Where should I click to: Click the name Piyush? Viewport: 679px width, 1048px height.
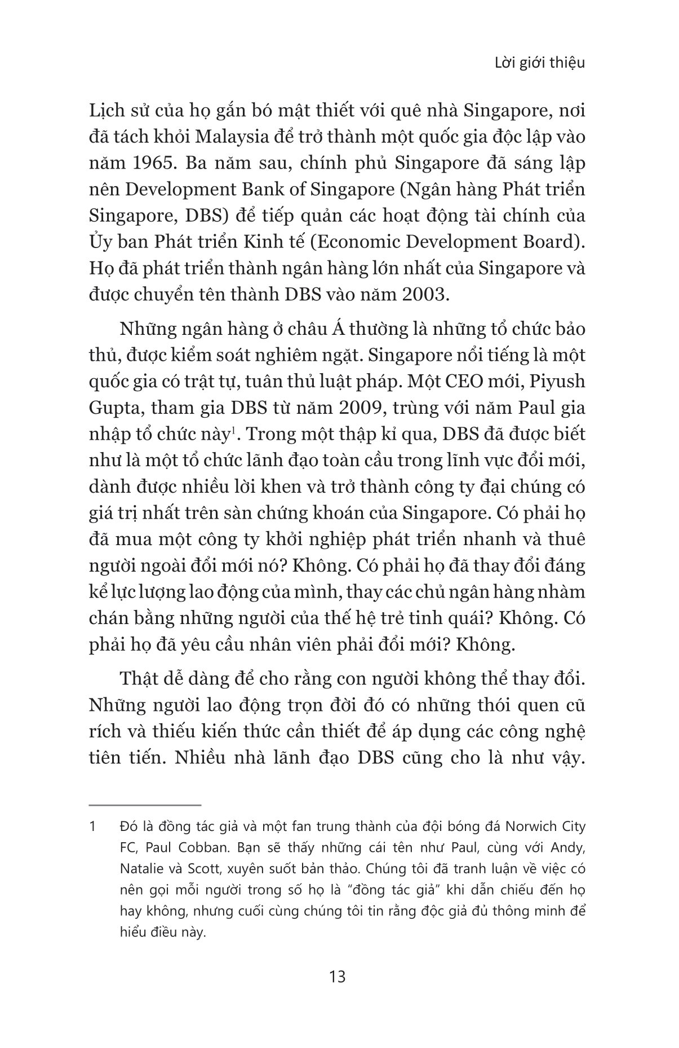(558, 381)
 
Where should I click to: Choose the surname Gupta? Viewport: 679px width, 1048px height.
(112, 408)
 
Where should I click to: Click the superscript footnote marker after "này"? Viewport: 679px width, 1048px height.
(225, 431)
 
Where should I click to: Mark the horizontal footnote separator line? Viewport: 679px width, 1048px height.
(145, 806)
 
